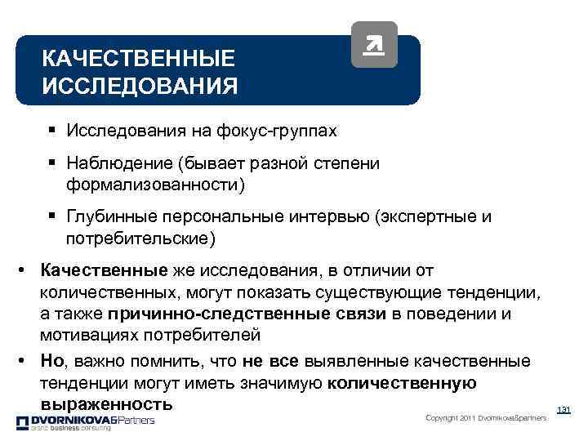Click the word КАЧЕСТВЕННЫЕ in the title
138,59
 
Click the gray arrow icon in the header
373,45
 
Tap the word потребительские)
141,238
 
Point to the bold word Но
51,361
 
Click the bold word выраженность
106,404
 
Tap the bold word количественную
401,383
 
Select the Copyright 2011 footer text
486,419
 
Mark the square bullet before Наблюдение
51,163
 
